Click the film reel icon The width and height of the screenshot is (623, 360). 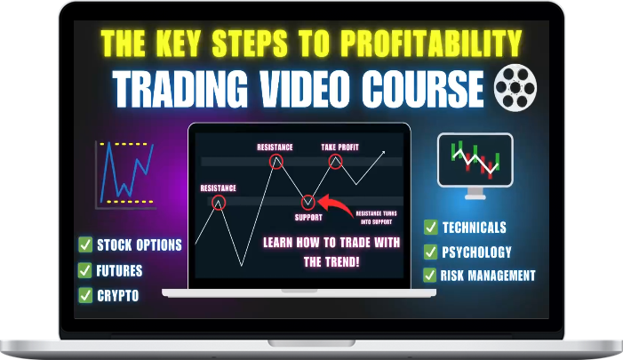pos(517,86)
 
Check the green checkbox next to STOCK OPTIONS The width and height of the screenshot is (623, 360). pos(85,245)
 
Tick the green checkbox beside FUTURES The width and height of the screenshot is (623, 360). pos(85,271)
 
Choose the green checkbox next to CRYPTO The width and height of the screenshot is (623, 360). pos(85,296)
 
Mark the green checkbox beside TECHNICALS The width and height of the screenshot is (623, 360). pos(430,228)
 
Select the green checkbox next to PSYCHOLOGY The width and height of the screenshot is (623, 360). pos(430,252)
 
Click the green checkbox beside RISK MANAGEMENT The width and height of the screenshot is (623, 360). pos(430,276)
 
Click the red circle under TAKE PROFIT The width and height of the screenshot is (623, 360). pos(336,162)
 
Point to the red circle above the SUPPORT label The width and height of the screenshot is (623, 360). pos(308,202)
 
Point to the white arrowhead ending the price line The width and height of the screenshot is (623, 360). pos(383,153)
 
